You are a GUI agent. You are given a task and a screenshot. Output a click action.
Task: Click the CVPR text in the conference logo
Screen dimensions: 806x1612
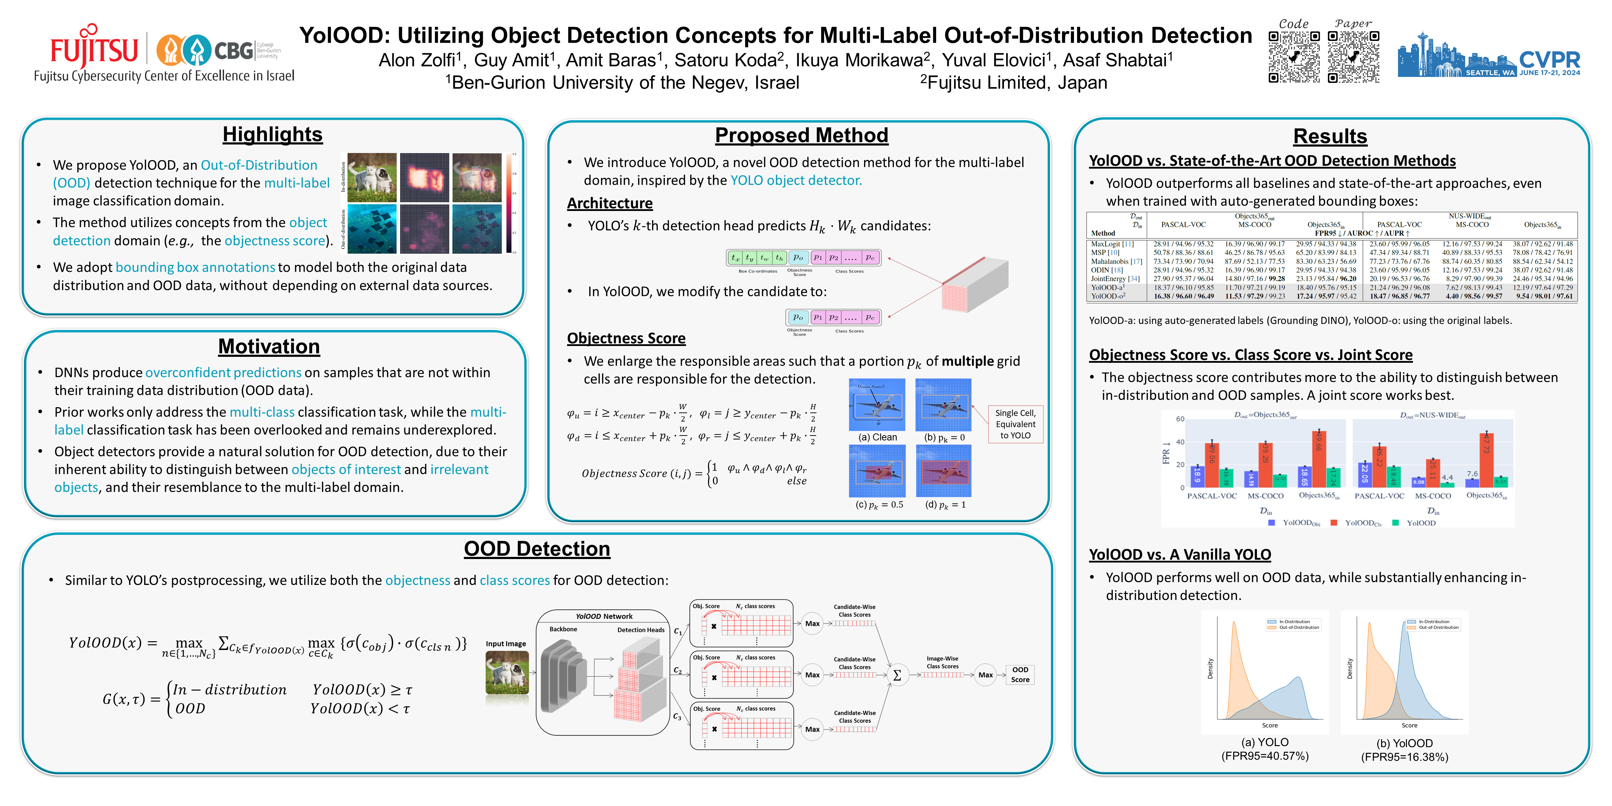1549,60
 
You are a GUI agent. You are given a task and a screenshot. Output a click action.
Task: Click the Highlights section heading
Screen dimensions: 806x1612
272,135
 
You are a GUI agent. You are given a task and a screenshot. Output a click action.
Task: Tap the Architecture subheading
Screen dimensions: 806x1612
609,203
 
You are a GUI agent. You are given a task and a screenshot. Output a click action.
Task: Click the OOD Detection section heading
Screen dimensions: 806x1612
537,549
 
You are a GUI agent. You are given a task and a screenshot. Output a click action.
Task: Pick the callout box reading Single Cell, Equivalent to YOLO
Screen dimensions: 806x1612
1015,424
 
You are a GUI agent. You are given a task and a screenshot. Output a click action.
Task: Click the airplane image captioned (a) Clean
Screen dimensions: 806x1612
877,405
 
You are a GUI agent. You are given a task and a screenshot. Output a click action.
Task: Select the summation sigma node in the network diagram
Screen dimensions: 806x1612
897,675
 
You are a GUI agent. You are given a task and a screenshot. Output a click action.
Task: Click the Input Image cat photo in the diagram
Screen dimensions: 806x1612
507,673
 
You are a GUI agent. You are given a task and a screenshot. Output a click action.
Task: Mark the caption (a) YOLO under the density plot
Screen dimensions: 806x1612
1265,742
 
